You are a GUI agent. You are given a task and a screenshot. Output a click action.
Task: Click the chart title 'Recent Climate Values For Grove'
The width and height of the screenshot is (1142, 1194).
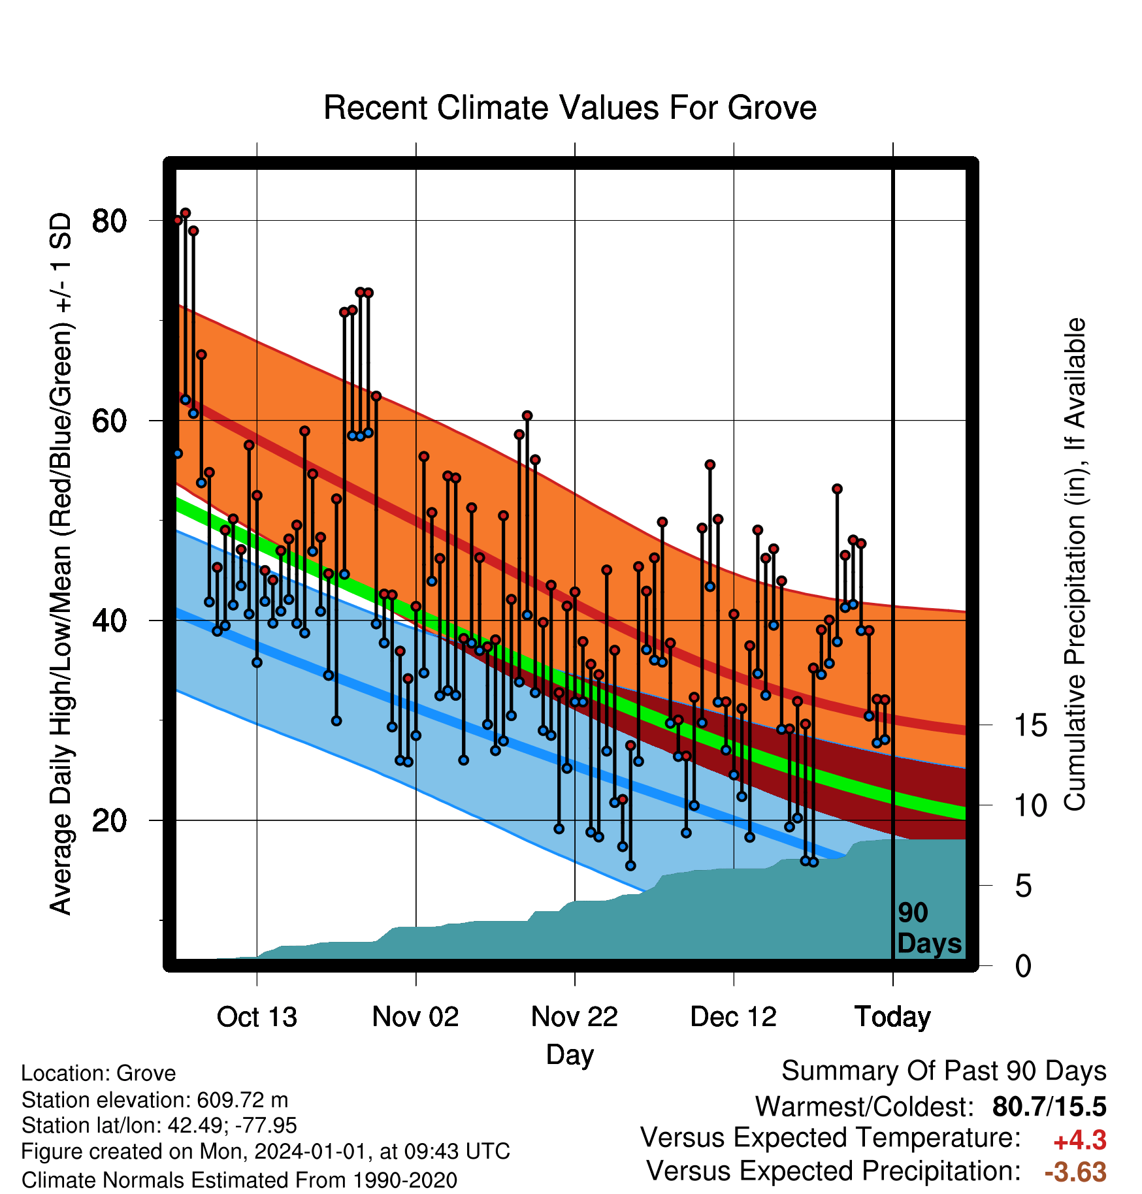(x=570, y=108)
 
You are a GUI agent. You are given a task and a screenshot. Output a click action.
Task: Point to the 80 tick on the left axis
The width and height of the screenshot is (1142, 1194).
(x=109, y=221)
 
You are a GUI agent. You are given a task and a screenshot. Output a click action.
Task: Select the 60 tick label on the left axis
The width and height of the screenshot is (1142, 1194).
(x=109, y=421)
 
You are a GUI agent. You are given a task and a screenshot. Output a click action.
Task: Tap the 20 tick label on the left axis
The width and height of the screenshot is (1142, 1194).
(x=109, y=820)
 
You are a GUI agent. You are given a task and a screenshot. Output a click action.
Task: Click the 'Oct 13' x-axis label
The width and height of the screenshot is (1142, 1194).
(x=257, y=1017)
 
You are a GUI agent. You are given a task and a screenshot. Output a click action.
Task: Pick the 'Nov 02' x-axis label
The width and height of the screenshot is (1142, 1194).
(x=416, y=1017)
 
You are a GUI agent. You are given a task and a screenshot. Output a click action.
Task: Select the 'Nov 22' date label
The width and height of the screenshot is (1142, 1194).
(x=574, y=1017)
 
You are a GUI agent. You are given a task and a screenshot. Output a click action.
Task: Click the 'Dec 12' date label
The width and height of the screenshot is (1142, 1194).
(x=734, y=1017)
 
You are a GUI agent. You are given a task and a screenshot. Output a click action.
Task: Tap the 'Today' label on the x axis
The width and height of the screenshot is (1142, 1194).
(x=892, y=1017)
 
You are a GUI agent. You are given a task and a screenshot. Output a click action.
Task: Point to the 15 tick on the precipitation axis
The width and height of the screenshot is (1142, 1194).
(x=1030, y=725)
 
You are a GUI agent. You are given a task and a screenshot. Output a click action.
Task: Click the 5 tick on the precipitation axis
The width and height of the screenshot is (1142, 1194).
(x=1023, y=886)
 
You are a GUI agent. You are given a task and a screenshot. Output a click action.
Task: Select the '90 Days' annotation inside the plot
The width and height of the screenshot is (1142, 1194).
(x=929, y=928)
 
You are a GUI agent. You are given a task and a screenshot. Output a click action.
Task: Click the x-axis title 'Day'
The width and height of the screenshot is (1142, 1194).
(x=570, y=1056)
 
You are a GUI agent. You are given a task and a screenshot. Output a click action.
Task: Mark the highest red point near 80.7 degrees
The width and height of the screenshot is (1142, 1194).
(x=186, y=213)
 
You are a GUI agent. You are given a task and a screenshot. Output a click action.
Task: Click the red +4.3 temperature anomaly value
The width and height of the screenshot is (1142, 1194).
(x=1080, y=1140)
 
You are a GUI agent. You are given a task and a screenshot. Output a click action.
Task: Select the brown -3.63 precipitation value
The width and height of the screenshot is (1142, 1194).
(x=1075, y=1172)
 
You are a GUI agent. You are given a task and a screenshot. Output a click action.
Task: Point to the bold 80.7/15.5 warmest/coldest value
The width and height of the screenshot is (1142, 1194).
(x=1049, y=1106)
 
